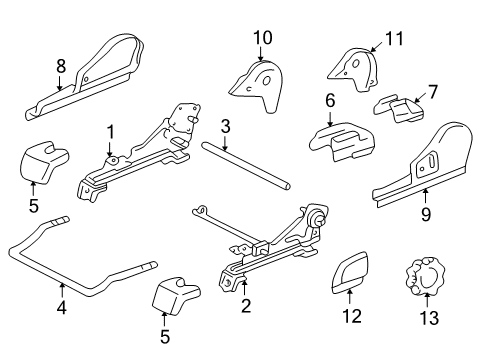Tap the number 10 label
point(262,38)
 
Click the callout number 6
point(329,100)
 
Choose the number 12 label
point(350,321)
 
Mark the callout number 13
point(430,321)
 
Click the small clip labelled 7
point(398,107)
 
